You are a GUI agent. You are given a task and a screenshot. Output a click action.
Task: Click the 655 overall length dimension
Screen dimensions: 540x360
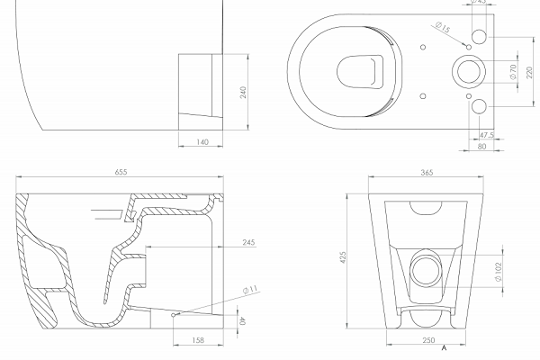(121, 172)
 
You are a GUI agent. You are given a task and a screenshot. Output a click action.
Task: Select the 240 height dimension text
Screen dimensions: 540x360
(243, 93)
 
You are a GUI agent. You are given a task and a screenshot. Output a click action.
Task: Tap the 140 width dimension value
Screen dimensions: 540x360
(202, 142)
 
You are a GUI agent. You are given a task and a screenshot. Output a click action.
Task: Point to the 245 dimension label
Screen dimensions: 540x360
(248, 242)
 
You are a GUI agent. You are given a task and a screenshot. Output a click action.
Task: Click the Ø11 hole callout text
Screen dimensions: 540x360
(250, 290)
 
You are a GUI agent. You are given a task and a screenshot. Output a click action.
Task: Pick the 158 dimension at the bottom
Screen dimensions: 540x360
(198, 340)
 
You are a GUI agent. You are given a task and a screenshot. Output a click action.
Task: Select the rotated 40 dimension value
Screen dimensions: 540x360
(243, 321)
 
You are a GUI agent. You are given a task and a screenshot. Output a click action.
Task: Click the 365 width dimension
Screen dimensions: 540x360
(427, 173)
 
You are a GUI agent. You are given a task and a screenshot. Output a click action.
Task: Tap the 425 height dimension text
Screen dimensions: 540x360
(343, 257)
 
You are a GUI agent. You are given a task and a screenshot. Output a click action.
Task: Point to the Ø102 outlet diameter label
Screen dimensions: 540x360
(499, 272)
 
